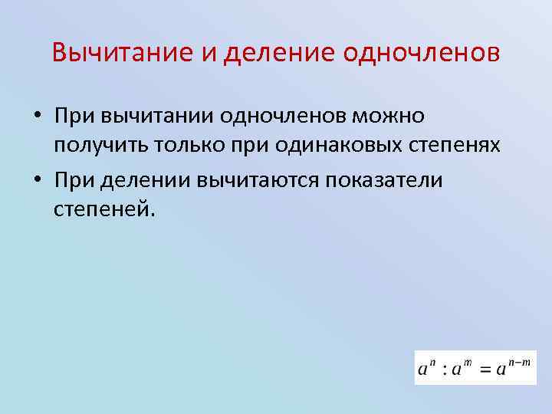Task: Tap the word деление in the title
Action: tap(267, 54)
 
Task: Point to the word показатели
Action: tap(386, 179)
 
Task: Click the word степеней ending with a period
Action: tap(104, 209)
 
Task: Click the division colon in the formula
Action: tap(444, 370)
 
